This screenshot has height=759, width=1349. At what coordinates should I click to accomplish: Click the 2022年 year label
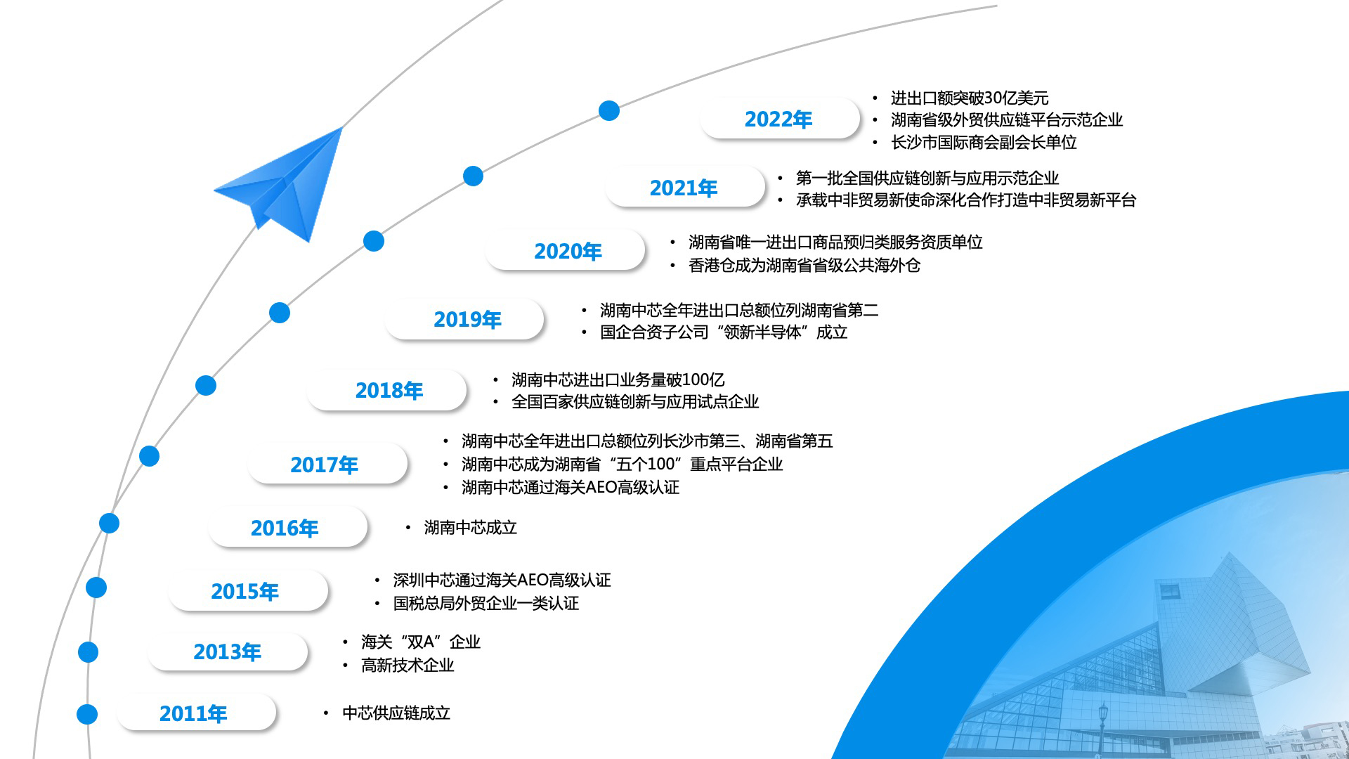pos(778,119)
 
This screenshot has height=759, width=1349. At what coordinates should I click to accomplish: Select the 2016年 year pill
pos(287,527)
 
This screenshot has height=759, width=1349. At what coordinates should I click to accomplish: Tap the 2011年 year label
pos(193,714)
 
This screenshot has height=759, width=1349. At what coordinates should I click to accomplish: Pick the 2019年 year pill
pos(464,320)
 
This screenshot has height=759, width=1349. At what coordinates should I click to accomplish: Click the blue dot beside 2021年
pos(474,176)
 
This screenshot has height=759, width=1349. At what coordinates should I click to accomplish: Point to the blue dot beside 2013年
pos(88,652)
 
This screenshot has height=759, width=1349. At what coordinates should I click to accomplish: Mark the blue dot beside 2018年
pos(206,385)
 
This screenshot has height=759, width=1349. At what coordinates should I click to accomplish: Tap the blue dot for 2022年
pos(609,110)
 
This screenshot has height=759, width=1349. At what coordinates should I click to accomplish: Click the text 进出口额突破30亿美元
pos(970,98)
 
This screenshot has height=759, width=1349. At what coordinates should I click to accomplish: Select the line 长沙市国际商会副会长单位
pos(984,142)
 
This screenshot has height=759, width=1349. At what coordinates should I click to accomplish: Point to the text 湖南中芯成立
pos(470,527)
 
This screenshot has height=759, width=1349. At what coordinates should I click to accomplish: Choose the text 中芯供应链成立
pos(396,713)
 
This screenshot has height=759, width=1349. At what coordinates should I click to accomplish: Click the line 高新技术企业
pos(408,665)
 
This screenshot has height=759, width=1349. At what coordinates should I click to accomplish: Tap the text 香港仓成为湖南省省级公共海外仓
pos(804,265)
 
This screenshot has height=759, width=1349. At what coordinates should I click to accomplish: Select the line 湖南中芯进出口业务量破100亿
pos(618,379)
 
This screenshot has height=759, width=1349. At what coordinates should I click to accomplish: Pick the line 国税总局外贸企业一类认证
pos(486,603)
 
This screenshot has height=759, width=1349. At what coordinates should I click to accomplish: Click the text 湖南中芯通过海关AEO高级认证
pos(571,487)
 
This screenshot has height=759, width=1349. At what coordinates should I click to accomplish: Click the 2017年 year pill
pos(327,464)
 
